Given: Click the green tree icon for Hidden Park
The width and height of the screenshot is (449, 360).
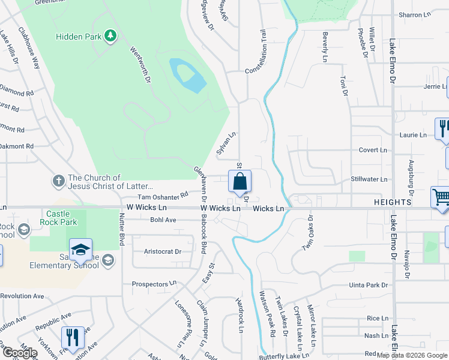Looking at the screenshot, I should (110, 37).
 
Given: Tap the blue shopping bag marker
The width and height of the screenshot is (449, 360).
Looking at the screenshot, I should (240, 181).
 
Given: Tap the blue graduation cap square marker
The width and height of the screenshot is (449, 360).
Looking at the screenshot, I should (80, 250).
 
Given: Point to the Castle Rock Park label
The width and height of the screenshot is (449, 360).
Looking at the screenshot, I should (59, 218).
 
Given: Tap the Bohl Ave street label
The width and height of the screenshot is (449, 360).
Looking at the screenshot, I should (163, 220).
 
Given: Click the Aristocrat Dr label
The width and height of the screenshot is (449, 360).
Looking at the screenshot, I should (163, 251).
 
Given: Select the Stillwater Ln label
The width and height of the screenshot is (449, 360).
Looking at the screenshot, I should (369, 179).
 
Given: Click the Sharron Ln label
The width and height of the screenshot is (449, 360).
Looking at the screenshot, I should (415, 14).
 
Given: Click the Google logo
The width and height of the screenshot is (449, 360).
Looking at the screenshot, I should (20, 353).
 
